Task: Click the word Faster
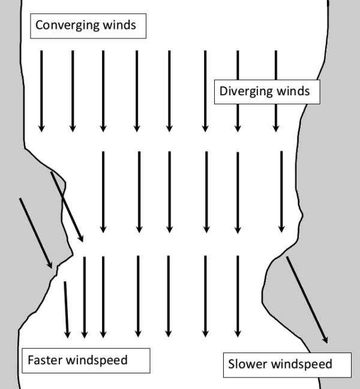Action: pyautogui.click(x=45, y=360)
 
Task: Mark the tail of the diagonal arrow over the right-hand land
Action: pyautogui.click(x=287, y=258)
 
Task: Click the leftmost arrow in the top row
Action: pyautogui.click(x=41, y=90)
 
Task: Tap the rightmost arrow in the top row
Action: pyautogui.click(x=276, y=90)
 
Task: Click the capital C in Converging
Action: pyautogui.click(x=39, y=25)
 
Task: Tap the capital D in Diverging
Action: pyautogui.click(x=224, y=92)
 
